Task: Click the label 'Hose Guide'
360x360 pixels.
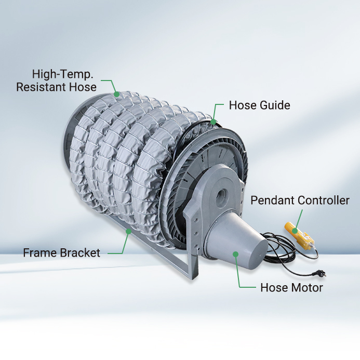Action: (259, 105)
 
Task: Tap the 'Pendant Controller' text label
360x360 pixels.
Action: (300, 200)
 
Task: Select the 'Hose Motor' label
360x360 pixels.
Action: (291, 287)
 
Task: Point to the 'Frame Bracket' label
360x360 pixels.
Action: (61, 253)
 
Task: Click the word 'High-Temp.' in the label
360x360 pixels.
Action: (62, 74)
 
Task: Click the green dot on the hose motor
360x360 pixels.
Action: (235, 254)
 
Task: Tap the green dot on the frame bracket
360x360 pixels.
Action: (129, 232)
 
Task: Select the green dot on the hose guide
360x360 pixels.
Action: (214, 122)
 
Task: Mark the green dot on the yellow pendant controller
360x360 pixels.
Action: (295, 231)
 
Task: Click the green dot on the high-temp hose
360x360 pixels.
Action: (117, 94)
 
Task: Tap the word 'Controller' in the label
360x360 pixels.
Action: (323, 200)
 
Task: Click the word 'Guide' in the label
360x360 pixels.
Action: (275, 105)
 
